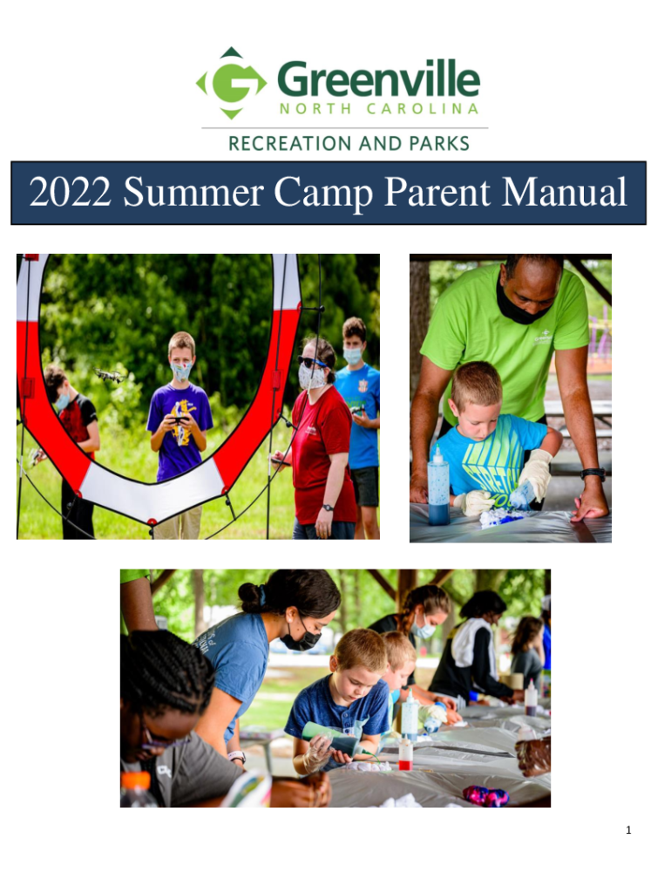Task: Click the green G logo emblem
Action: point(231,83)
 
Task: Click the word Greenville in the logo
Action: point(379,79)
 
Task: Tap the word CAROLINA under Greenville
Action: point(422,109)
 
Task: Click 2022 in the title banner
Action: point(70,192)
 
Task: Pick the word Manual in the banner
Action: point(564,192)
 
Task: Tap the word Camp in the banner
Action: point(322,194)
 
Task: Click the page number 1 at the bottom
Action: point(628,830)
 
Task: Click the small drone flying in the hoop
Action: point(109,375)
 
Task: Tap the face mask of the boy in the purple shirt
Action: point(181,372)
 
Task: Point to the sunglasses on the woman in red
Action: point(311,362)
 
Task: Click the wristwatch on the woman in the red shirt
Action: point(328,508)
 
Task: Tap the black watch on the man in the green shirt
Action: point(593,473)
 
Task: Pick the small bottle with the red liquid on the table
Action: point(405,753)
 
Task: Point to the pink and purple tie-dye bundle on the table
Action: point(485,795)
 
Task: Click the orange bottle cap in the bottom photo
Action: point(135,781)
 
